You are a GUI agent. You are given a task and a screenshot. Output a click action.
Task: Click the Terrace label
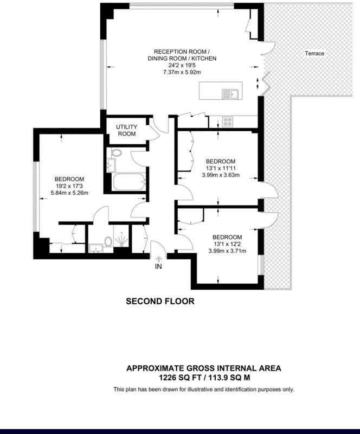pyautogui.click(x=314, y=53)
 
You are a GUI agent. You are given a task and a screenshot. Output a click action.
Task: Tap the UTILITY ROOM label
pyautogui.click(x=126, y=130)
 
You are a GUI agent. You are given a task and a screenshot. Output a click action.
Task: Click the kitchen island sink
pyautogui.click(x=230, y=94)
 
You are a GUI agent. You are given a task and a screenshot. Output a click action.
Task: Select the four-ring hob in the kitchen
pyautogui.click(x=228, y=122)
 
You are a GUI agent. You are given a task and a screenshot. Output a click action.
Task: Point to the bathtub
pyautogui.click(x=128, y=182)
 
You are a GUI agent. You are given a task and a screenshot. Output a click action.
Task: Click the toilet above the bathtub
pyautogui.click(x=116, y=153)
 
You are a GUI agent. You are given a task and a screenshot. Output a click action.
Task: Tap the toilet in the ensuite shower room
pyautogui.click(x=108, y=241)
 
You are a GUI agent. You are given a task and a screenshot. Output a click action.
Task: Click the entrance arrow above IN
pyautogui.click(x=158, y=259)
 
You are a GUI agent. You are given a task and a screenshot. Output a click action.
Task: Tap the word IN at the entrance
pyautogui.click(x=158, y=266)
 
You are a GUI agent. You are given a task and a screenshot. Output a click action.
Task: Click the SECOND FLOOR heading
pyautogui.click(x=160, y=301)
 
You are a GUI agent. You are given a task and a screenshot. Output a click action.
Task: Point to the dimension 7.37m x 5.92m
pyautogui.click(x=182, y=72)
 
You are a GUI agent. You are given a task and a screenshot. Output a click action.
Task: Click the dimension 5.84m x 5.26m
pyautogui.click(x=69, y=193)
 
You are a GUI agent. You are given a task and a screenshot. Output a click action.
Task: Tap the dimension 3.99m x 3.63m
pyautogui.click(x=221, y=175)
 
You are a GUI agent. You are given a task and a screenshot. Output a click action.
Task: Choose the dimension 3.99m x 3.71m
pyautogui.click(x=227, y=251)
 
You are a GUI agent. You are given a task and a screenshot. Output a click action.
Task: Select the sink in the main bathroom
pyautogui.click(x=112, y=165)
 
